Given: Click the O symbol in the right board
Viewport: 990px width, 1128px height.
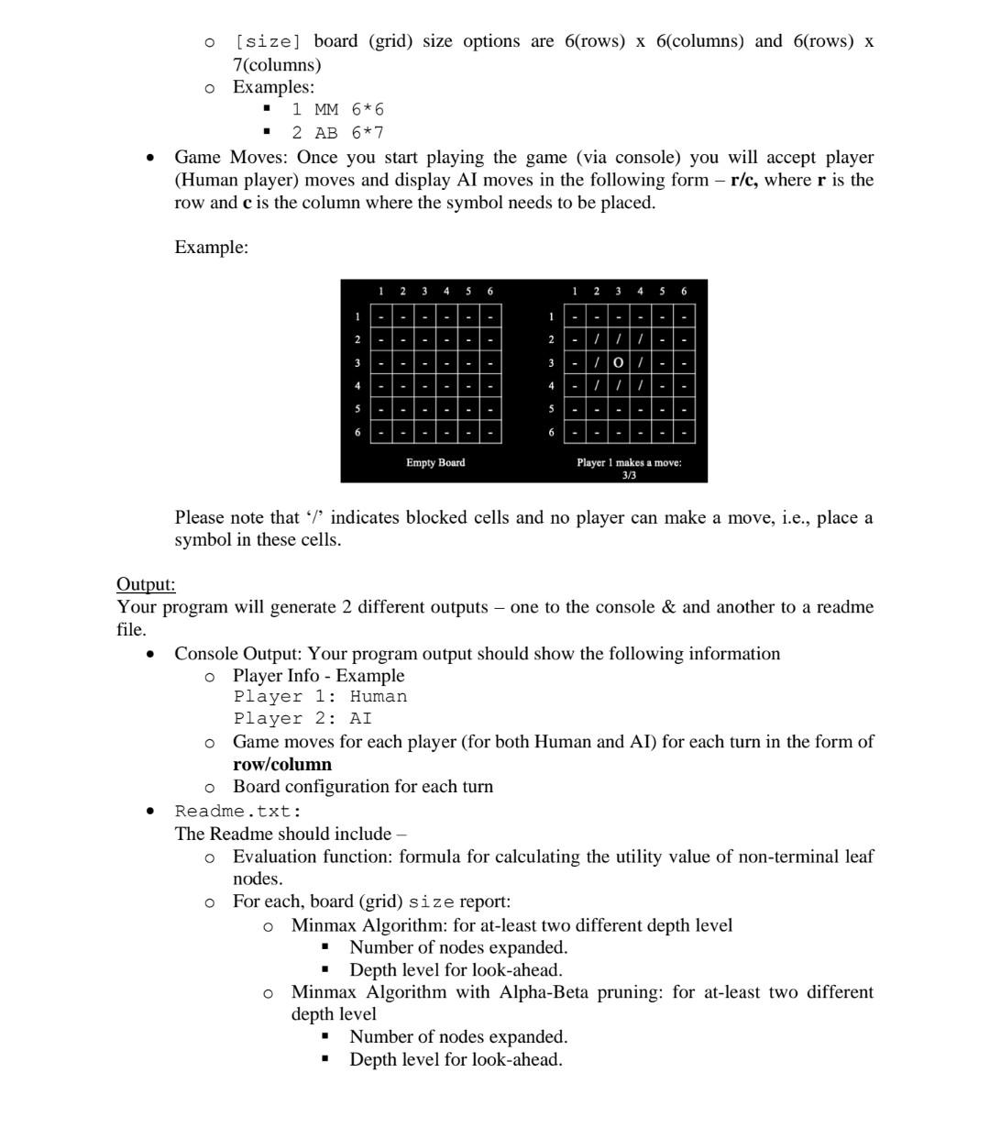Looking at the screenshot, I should coord(619,363).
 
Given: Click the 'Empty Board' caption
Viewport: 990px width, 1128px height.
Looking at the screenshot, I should coord(435,463).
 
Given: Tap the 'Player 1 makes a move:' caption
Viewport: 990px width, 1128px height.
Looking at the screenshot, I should coord(629,463).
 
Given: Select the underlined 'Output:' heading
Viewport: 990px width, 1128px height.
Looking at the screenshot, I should coord(146,585).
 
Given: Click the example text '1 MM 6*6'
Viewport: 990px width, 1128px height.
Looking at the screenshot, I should coord(337,110).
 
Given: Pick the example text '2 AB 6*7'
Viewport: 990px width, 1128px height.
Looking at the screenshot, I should coord(337,133).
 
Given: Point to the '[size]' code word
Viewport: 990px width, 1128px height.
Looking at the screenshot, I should coord(268,42).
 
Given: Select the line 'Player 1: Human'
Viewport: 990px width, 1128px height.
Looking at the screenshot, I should coord(320,697).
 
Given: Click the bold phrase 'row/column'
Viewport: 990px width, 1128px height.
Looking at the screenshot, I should coord(282,765).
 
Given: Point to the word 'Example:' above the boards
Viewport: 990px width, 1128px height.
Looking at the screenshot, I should coord(211,248).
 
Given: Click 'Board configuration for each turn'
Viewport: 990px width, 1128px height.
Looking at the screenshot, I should coord(362,787).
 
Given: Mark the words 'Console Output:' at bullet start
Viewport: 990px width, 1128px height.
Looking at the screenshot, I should coord(238,654).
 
